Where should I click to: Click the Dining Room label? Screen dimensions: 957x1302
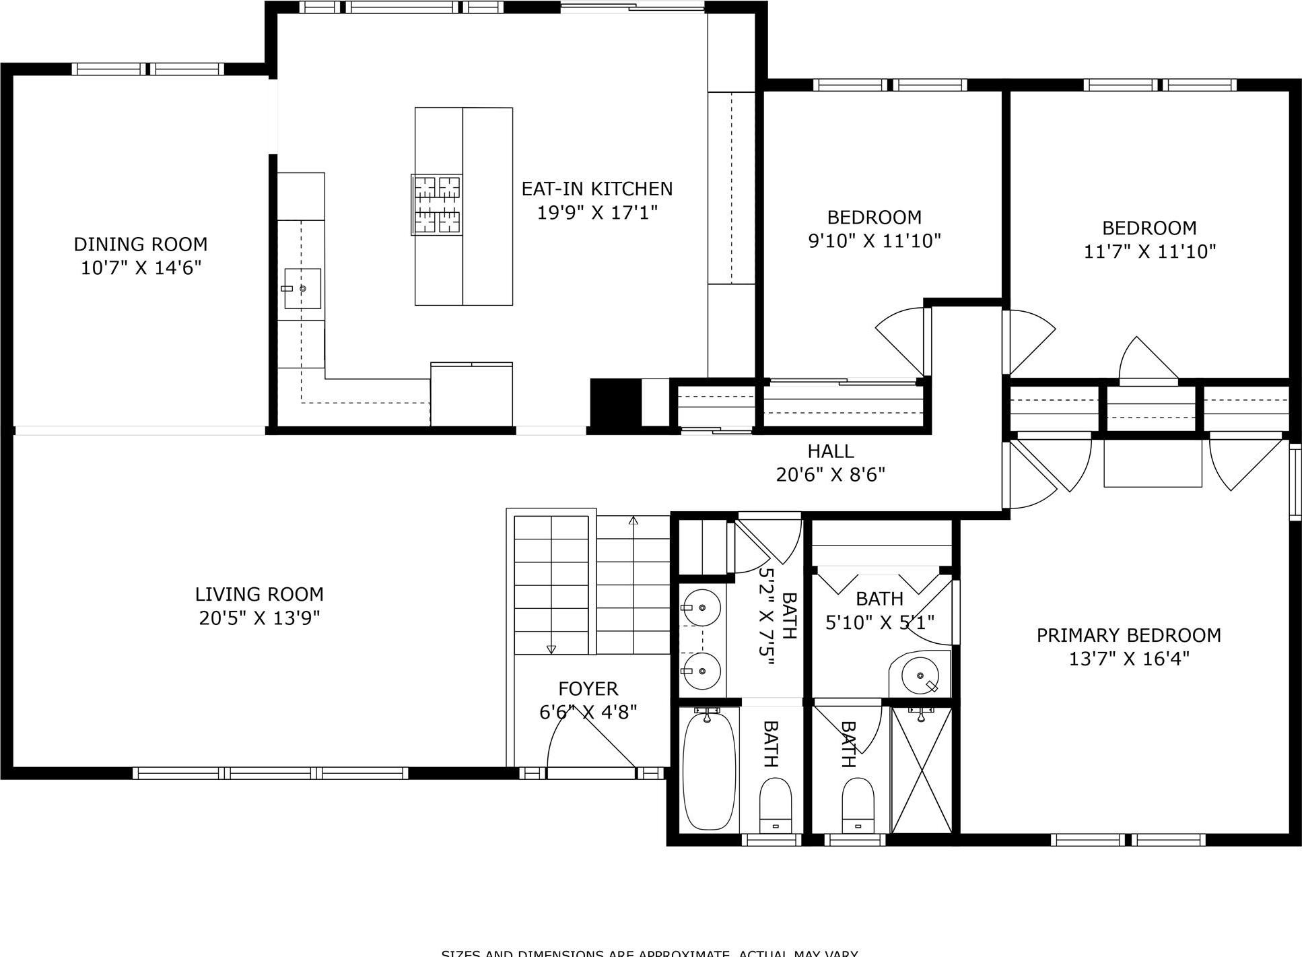pos(140,244)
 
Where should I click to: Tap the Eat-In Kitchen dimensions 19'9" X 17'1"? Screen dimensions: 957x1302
pos(596,213)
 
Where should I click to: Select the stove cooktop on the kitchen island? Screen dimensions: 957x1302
pos(437,205)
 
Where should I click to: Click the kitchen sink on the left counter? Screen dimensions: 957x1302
pos(302,288)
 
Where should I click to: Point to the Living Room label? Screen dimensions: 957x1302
pos(259,594)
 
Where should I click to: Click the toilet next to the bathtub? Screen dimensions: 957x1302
pos(776,805)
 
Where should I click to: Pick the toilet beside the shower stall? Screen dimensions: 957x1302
pos(858,805)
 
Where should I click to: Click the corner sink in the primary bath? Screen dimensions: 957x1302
pos(920,675)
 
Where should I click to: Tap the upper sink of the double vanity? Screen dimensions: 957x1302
pos(701,607)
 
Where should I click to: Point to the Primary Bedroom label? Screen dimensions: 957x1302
pos(1128,635)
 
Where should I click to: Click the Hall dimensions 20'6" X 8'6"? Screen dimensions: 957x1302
pos(830,475)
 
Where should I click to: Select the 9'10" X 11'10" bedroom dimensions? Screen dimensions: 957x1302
pos(874,241)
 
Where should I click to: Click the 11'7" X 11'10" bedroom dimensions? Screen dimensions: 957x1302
pos(1149,252)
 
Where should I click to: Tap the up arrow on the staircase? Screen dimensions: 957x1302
pos(633,521)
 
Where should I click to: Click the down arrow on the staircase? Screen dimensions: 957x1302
pos(551,649)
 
